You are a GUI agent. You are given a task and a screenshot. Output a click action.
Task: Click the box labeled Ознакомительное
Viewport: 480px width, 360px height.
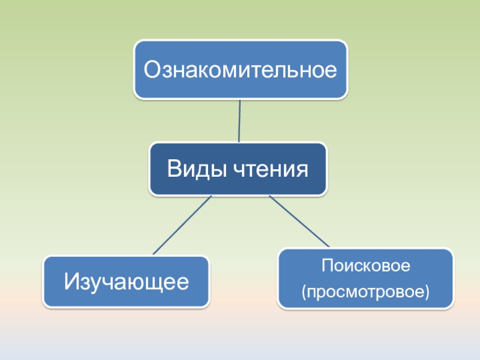[240, 70]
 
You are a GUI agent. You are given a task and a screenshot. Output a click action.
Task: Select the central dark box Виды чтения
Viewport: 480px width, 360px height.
[238, 169]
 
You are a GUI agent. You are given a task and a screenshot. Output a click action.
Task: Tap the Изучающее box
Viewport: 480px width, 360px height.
[126, 281]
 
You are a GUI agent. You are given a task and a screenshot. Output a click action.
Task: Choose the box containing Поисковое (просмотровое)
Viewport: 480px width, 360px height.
[366, 278]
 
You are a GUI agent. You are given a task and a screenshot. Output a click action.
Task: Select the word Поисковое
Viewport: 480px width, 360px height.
[365, 265]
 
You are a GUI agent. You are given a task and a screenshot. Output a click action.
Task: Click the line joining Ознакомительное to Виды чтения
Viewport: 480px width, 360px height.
[239, 121]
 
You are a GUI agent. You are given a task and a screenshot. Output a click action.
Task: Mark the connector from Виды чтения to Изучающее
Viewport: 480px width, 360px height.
[182, 225]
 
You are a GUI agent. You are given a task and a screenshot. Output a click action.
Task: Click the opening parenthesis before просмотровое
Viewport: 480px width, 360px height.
[304, 293]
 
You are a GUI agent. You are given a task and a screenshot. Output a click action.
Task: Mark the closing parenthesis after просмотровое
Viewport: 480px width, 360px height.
[428, 293]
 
